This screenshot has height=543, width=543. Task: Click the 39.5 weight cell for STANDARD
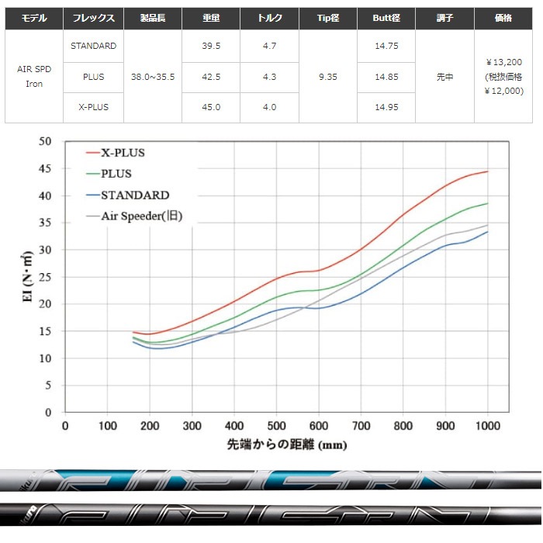[x=211, y=46]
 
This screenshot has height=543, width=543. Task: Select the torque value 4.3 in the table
[x=269, y=77]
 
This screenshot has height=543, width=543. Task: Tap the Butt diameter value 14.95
[x=386, y=107]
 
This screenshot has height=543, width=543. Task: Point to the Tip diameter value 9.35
[x=328, y=77]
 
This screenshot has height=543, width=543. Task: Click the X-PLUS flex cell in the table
[x=93, y=107]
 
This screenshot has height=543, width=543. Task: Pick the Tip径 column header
[x=328, y=16]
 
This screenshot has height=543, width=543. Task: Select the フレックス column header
[x=93, y=16]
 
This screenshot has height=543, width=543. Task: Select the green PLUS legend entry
[x=116, y=174]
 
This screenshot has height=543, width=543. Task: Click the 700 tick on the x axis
[x=361, y=426]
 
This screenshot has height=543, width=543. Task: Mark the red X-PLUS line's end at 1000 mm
[x=488, y=171]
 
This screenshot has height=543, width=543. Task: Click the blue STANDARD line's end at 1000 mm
[x=488, y=232]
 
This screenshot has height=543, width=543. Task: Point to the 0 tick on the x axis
[x=65, y=426]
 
